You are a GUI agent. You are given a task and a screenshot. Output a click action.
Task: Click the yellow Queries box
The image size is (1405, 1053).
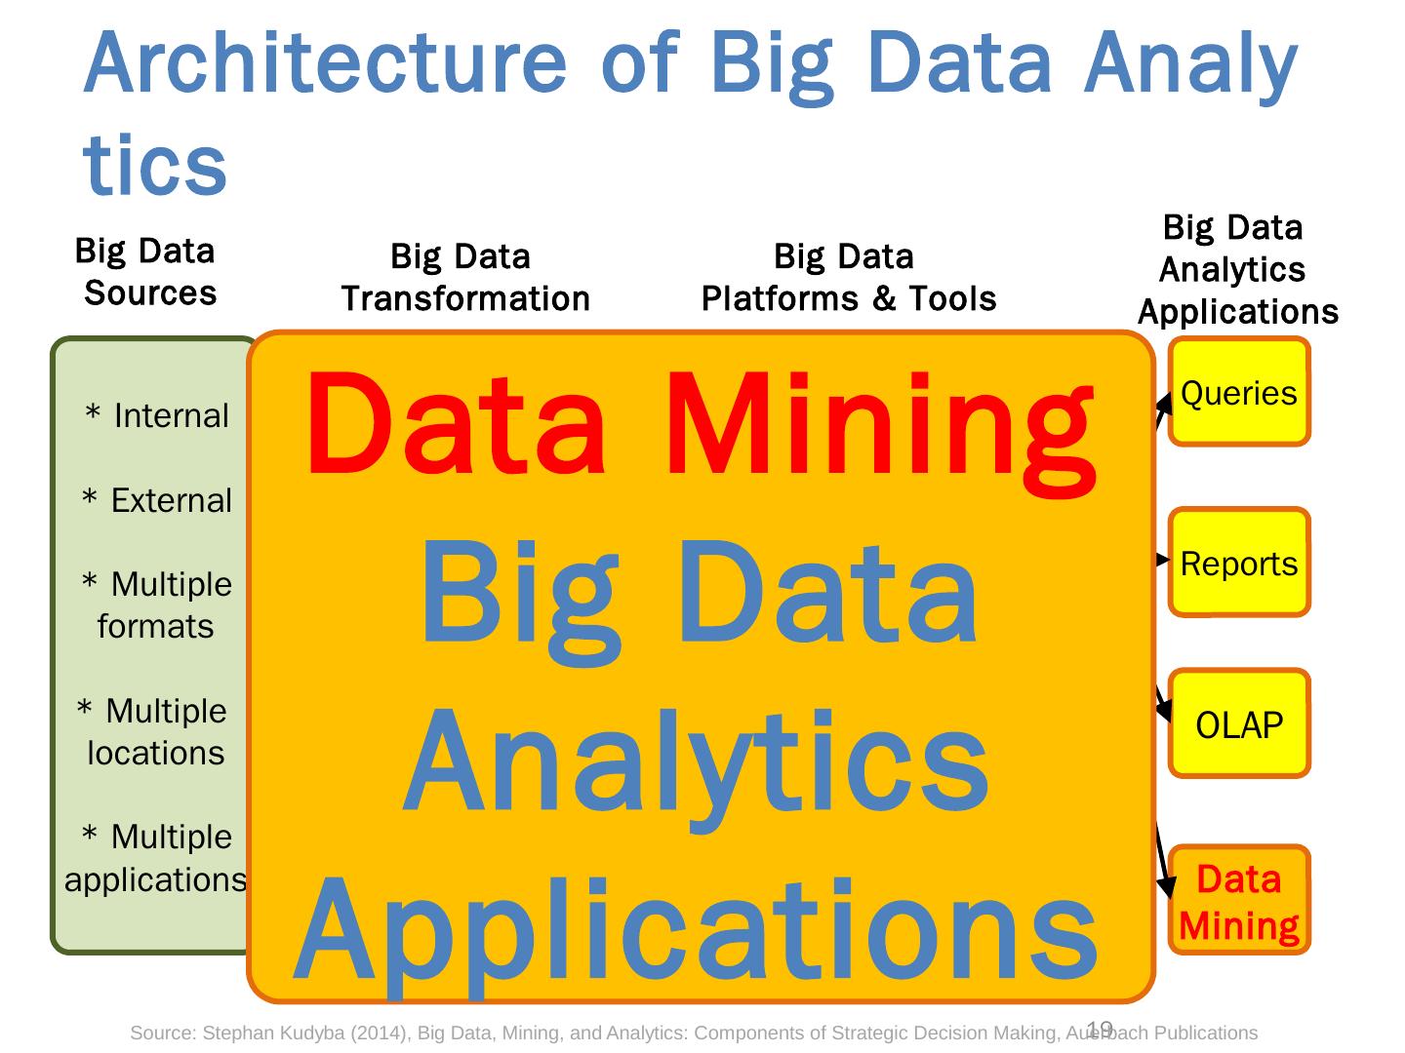[x=1239, y=392]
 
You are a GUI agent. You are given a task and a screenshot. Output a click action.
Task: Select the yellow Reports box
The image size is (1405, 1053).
[x=1239, y=563]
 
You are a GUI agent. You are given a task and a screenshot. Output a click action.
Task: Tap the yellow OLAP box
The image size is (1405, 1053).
[x=1239, y=724]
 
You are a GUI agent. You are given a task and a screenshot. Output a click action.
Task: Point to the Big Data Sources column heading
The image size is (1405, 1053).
[x=147, y=272]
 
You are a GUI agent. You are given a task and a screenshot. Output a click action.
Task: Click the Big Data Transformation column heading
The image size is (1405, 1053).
[x=465, y=278]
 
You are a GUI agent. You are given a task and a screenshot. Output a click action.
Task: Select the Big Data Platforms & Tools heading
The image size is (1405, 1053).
[x=848, y=278]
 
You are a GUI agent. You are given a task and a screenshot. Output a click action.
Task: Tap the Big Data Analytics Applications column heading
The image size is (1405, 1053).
[x=1236, y=270]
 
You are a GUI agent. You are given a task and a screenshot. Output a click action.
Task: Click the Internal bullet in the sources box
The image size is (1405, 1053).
[x=157, y=416]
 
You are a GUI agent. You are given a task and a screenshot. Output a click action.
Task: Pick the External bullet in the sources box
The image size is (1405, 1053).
[x=157, y=501]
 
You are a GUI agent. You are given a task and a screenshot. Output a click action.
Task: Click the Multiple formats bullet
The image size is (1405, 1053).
[x=156, y=605]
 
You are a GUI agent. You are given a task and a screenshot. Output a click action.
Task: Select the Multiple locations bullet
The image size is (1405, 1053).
[x=153, y=731]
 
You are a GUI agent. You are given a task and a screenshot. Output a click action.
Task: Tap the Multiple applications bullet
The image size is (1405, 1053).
[x=156, y=858]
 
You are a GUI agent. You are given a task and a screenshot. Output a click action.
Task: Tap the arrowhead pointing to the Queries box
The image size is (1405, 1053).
[x=1165, y=401]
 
